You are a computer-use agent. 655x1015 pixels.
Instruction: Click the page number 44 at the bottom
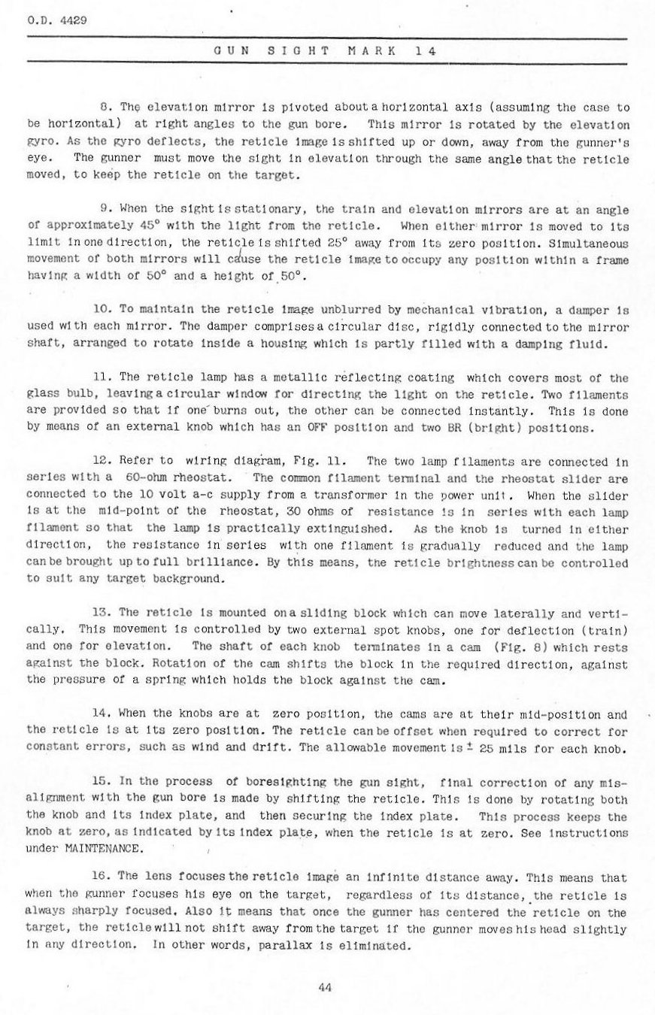[326, 987]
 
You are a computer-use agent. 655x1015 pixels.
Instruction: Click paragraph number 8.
[105, 108]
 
